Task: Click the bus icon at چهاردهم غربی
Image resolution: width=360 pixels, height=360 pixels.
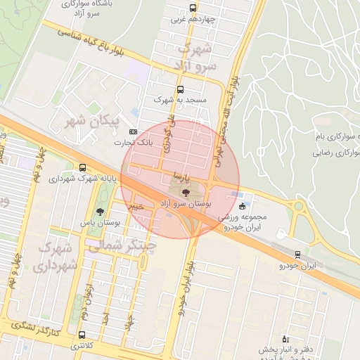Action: (193, 8)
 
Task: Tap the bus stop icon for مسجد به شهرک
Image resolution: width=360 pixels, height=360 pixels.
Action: (181, 89)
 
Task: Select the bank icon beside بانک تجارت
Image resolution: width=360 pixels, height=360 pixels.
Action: (133, 132)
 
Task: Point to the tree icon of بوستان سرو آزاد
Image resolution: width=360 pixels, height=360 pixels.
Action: (186, 191)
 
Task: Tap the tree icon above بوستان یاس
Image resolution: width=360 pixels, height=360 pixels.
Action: (100, 211)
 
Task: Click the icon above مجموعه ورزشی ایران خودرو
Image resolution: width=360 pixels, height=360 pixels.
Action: (243, 206)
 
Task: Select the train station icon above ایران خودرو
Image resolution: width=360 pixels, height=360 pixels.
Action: (297, 254)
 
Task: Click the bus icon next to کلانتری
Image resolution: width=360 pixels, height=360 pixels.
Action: (82, 335)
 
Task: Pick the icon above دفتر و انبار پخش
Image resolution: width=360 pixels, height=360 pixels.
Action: (285, 338)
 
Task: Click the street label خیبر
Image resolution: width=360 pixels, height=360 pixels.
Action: (136, 206)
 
